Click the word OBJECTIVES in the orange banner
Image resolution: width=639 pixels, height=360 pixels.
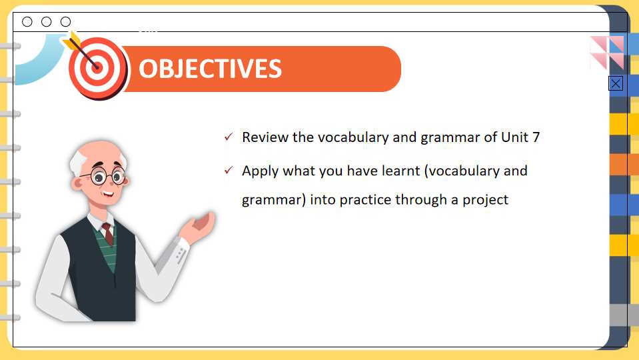(211, 69)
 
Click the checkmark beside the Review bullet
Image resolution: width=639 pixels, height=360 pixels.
(229, 137)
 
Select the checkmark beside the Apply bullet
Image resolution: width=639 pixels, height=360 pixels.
(229, 170)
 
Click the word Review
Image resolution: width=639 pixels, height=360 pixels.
(265, 137)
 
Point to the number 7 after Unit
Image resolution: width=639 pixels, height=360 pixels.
(536, 137)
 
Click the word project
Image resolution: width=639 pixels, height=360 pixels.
(485, 200)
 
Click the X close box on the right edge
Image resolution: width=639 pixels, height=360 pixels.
(616, 83)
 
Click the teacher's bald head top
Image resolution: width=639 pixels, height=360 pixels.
(100, 149)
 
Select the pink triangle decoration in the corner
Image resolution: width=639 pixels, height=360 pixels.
(607, 51)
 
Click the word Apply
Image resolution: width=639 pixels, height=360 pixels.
(260, 171)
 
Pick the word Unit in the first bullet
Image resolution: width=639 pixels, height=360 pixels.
(514, 137)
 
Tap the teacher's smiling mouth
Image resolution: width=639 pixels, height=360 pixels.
(108, 194)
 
